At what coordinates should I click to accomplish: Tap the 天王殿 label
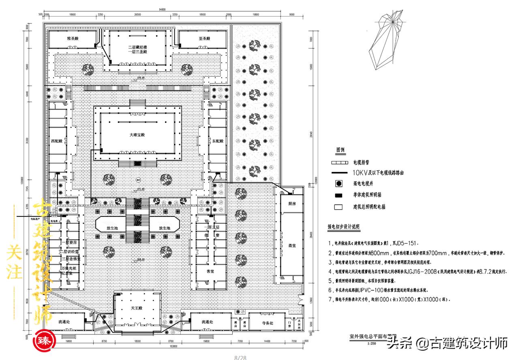pos(137,309)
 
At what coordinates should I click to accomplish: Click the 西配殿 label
pos(56,141)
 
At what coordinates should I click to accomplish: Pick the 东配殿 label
pos(217,141)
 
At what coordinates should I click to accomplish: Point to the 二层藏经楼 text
pos(137,47)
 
